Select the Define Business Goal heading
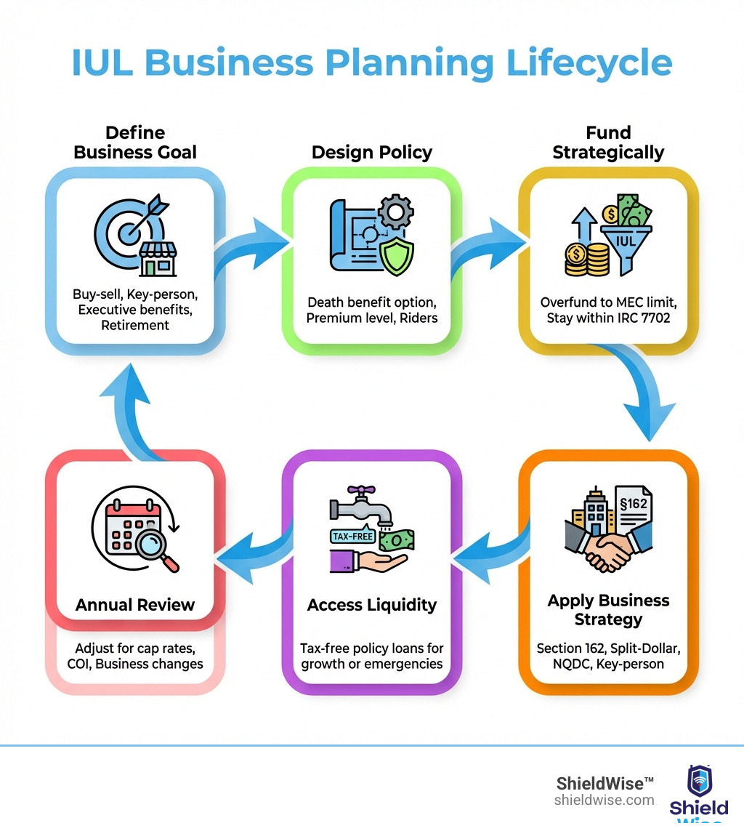coord(135,142)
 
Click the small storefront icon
coord(159,260)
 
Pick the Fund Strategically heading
coord(608,142)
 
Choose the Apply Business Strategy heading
coord(608,610)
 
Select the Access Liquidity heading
coord(372,605)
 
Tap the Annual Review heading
coord(135,605)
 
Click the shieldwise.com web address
coord(604,800)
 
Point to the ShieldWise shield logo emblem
coord(699,781)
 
